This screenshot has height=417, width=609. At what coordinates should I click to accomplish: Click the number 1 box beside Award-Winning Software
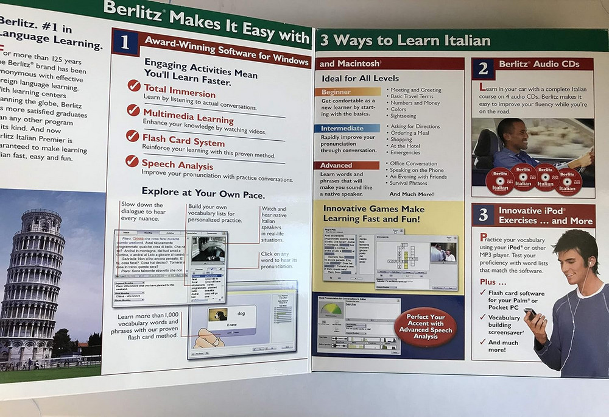(x=125, y=42)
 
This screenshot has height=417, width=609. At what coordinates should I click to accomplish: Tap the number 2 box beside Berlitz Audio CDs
(x=483, y=68)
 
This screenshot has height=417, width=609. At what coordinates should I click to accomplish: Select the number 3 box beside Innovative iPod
(x=483, y=215)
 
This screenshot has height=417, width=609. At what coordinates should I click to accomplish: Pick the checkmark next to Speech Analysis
(x=132, y=160)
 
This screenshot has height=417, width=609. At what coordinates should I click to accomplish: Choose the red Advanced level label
(x=336, y=165)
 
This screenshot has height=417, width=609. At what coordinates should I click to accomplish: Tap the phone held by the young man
(x=530, y=314)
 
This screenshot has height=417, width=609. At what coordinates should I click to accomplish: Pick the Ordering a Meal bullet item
(x=410, y=133)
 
